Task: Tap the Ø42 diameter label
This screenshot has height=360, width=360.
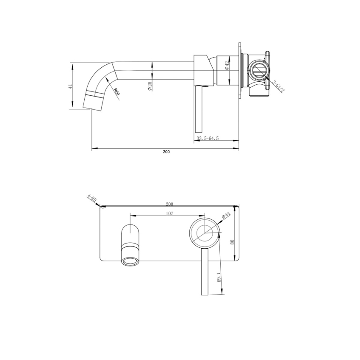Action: point(227,66)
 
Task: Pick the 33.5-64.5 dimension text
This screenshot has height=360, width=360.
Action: point(208,138)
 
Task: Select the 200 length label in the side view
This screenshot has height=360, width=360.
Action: point(166,152)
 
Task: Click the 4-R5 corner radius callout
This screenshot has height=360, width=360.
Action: point(91,199)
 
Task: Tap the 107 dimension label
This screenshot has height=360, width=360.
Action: point(169,213)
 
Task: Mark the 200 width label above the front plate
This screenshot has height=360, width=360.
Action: point(169,204)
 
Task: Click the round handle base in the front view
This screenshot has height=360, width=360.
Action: point(205,233)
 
